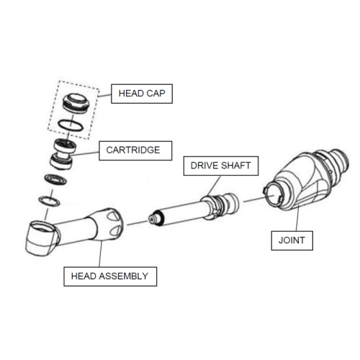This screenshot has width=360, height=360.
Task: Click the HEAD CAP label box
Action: [142, 94]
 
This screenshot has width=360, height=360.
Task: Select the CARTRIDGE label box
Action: [135, 150]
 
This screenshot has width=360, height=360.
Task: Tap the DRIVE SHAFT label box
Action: [221, 166]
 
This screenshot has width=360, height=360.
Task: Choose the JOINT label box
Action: [292, 240]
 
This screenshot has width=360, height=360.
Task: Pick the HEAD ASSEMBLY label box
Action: [110, 276]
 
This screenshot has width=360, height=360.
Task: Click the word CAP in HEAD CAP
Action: [156, 94]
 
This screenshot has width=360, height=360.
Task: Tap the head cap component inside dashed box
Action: [76, 103]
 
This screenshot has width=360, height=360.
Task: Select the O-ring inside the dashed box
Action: [71, 125]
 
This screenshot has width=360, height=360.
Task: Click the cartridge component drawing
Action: [63, 154]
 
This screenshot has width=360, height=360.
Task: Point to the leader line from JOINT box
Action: [297, 218]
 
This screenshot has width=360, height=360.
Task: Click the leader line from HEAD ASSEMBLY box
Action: [100, 253]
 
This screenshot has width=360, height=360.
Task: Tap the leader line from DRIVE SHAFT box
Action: [214, 186]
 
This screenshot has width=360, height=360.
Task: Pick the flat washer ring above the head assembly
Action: [49, 201]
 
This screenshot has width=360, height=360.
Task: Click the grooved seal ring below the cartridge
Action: [55, 179]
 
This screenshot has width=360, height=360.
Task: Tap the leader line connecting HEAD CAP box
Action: [104, 95]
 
